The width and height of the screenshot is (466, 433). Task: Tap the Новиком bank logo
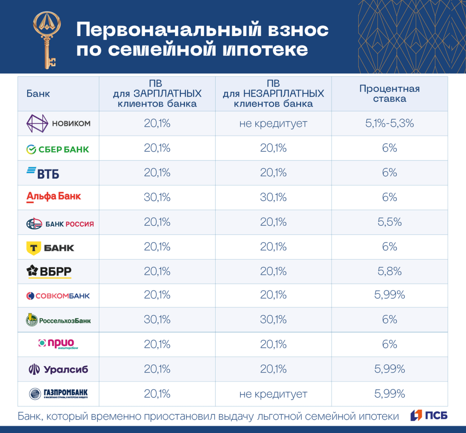(x=58, y=123)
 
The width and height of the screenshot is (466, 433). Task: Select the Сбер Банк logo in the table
(x=57, y=149)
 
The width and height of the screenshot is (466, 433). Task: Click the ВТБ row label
(x=43, y=173)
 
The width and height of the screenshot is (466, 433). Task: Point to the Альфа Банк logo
(x=54, y=197)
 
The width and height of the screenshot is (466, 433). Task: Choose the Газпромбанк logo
(x=58, y=394)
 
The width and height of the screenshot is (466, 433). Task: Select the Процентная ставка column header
(x=390, y=94)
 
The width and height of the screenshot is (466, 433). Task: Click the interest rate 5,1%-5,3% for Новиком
(x=390, y=123)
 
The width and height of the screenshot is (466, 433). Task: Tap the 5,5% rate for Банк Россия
(x=390, y=222)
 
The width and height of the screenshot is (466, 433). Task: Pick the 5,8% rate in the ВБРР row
(x=390, y=271)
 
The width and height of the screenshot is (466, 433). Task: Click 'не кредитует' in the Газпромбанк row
(x=274, y=394)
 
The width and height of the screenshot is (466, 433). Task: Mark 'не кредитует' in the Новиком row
(x=274, y=123)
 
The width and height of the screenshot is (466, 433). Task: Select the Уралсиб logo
(x=58, y=369)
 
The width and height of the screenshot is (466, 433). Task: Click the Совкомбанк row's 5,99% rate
(x=390, y=295)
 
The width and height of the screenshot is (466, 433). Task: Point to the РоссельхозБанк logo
(x=58, y=321)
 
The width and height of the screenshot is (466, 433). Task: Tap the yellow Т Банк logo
(x=51, y=247)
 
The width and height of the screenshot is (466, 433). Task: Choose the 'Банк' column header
(x=38, y=94)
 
